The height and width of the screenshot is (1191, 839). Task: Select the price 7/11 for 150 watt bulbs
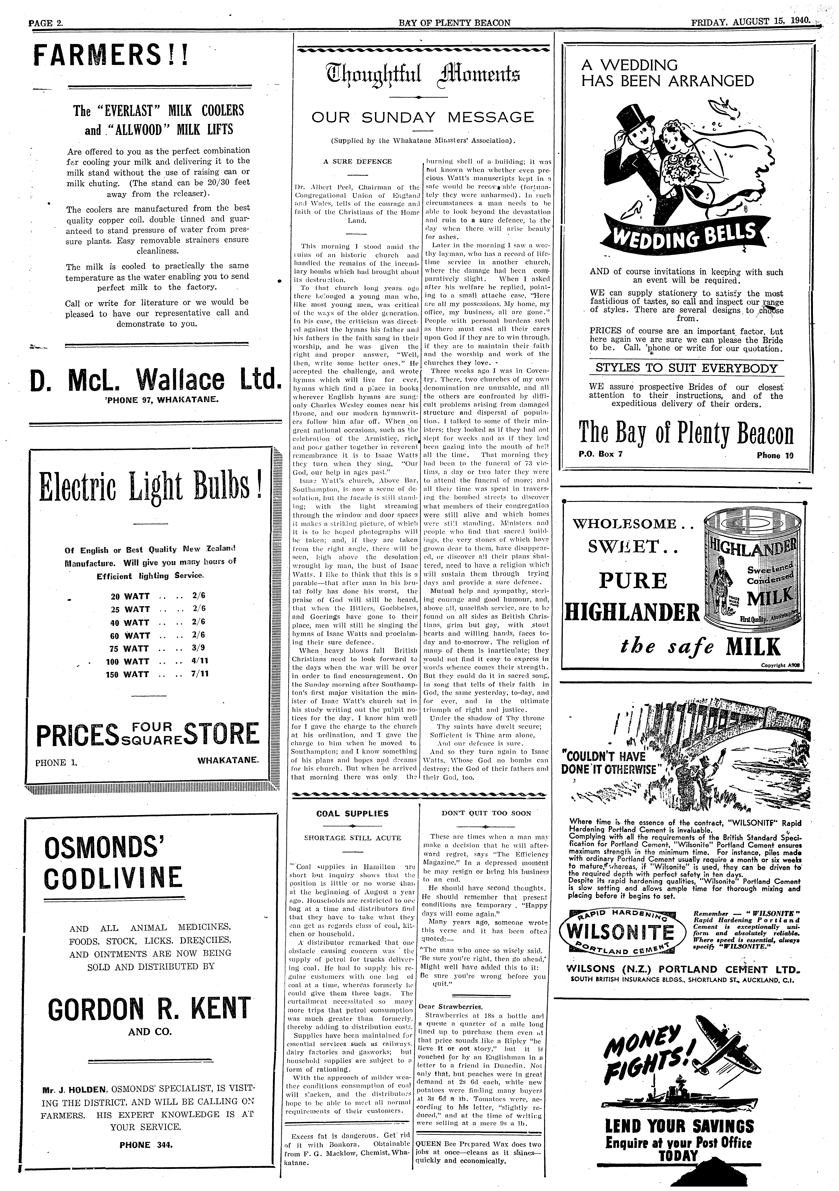click(200, 674)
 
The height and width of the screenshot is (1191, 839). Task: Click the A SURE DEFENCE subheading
click(358, 161)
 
